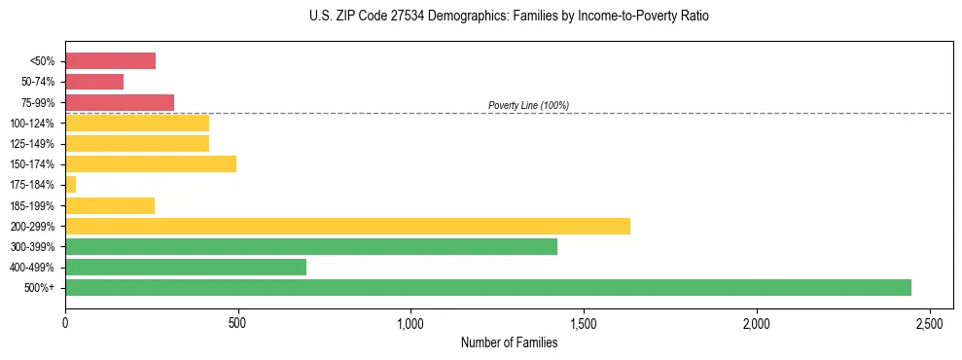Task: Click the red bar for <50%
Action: (x=110, y=61)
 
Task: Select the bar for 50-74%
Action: (x=94, y=82)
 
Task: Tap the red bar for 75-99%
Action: (x=120, y=102)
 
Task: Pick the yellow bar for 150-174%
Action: (x=151, y=163)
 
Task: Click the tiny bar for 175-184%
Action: (x=70, y=184)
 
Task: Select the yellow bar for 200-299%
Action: (x=347, y=226)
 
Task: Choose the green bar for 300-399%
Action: (x=311, y=246)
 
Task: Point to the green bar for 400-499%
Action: (x=186, y=267)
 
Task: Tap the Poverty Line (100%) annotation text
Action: (x=528, y=105)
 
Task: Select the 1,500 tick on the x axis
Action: (x=583, y=322)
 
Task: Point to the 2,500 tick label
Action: (x=929, y=322)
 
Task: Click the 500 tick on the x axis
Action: (x=237, y=322)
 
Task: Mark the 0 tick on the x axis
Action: (x=65, y=322)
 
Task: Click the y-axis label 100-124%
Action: (x=32, y=124)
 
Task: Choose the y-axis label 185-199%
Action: (x=32, y=205)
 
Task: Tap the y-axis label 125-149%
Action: (x=32, y=144)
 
